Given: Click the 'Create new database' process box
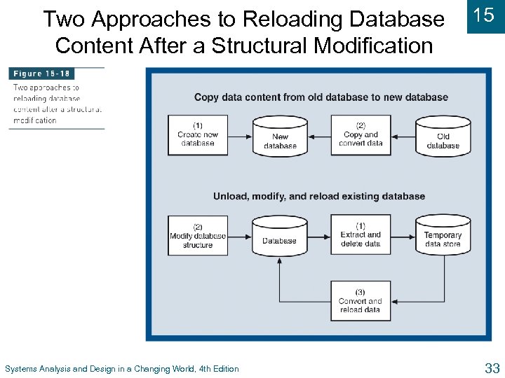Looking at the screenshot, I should coord(197,135).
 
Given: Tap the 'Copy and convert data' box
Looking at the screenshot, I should coord(361,135).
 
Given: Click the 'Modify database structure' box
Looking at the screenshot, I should coord(197,236).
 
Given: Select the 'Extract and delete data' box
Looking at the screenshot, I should coord(361,235).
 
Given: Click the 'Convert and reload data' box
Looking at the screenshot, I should coord(361,301).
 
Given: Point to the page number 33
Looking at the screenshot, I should coord(491,367).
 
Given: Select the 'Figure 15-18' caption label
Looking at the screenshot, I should coord(41,73).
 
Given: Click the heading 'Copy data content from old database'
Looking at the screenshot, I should coord(321,97).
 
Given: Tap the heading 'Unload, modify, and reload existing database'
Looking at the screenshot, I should coord(319,196).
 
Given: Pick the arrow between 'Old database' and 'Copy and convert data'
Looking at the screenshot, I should coord(403,135).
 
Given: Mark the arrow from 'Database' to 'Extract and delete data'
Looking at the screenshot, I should coord(319,235).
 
